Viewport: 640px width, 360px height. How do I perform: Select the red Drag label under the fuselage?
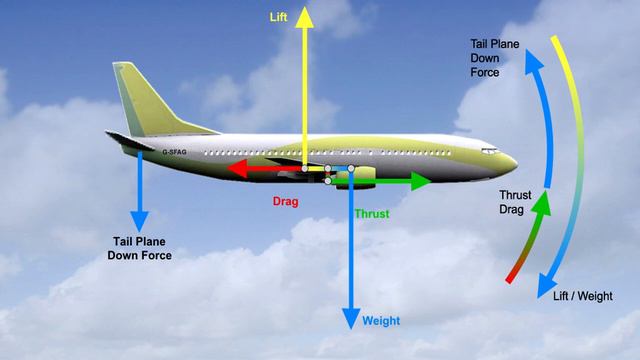[x=286, y=201]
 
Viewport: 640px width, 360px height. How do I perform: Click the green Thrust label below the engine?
[x=372, y=214]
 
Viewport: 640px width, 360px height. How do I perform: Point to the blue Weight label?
[x=381, y=321]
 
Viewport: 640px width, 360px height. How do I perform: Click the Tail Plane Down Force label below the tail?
[x=139, y=248]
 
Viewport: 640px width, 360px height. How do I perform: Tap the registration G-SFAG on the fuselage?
[x=174, y=153]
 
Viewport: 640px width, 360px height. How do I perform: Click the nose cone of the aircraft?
[x=510, y=160]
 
